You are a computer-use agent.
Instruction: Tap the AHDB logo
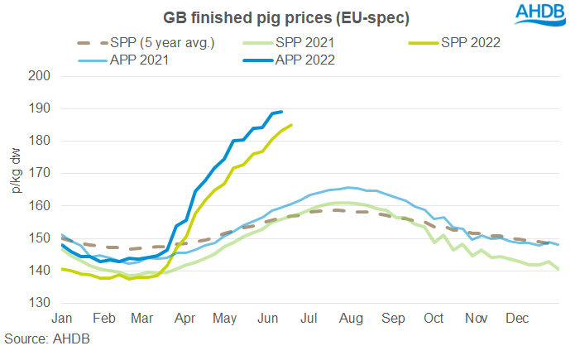click(534, 14)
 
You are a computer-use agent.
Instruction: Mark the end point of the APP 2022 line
click(282, 112)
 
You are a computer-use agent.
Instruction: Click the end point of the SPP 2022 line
click(291, 125)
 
